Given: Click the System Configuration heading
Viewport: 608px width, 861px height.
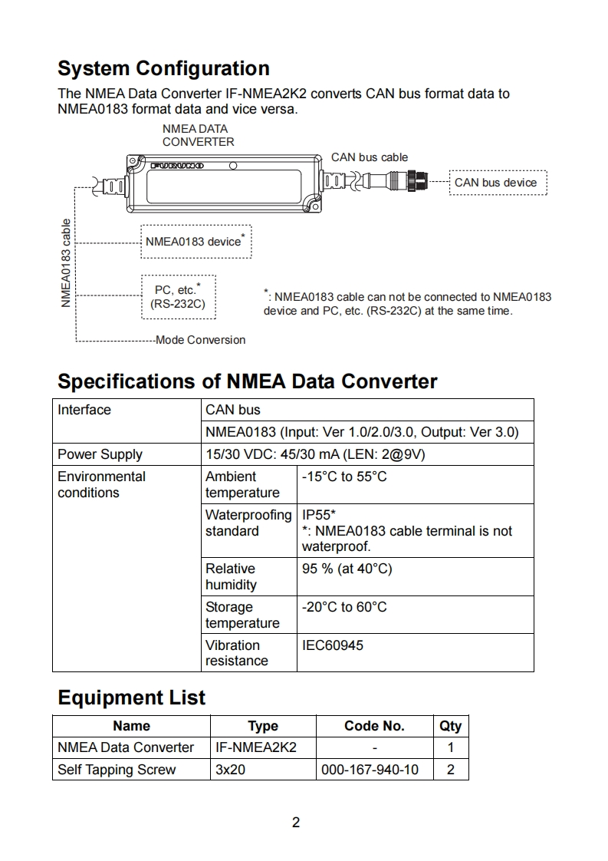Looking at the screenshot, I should click(x=163, y=68).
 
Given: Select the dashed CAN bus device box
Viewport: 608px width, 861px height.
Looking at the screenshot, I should click(x=498, y=183).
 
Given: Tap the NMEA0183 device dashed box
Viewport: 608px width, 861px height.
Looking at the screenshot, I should click(x=196, y=241).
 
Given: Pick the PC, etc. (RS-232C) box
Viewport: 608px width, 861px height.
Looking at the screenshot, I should click(x=178, y=297).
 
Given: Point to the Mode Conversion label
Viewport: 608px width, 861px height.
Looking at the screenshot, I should click(x=200, y=340).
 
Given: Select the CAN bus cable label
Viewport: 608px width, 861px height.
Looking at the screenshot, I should click(x=370, y=157).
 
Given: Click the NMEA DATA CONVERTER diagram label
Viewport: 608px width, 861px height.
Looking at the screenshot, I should click(x=198, y=135).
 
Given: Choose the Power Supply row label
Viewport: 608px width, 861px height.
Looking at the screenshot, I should click(x=100, y=454).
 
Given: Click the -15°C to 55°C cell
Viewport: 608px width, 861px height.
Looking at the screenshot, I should click(x=344, y=477).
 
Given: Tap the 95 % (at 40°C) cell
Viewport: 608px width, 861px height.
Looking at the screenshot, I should click(x=347, y=569).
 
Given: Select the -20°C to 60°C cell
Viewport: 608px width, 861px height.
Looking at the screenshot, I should click(x=344, y=607).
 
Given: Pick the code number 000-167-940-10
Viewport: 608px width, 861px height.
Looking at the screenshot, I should click(x=370, y=769).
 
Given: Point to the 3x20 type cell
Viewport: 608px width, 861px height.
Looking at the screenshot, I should click(x=230, y=769).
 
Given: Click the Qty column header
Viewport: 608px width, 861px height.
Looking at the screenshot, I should click(x=450, y=726).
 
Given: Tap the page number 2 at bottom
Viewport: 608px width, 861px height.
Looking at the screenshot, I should click(x=296, y=823).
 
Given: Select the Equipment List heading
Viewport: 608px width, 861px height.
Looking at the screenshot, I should click(x=132, y=698).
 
